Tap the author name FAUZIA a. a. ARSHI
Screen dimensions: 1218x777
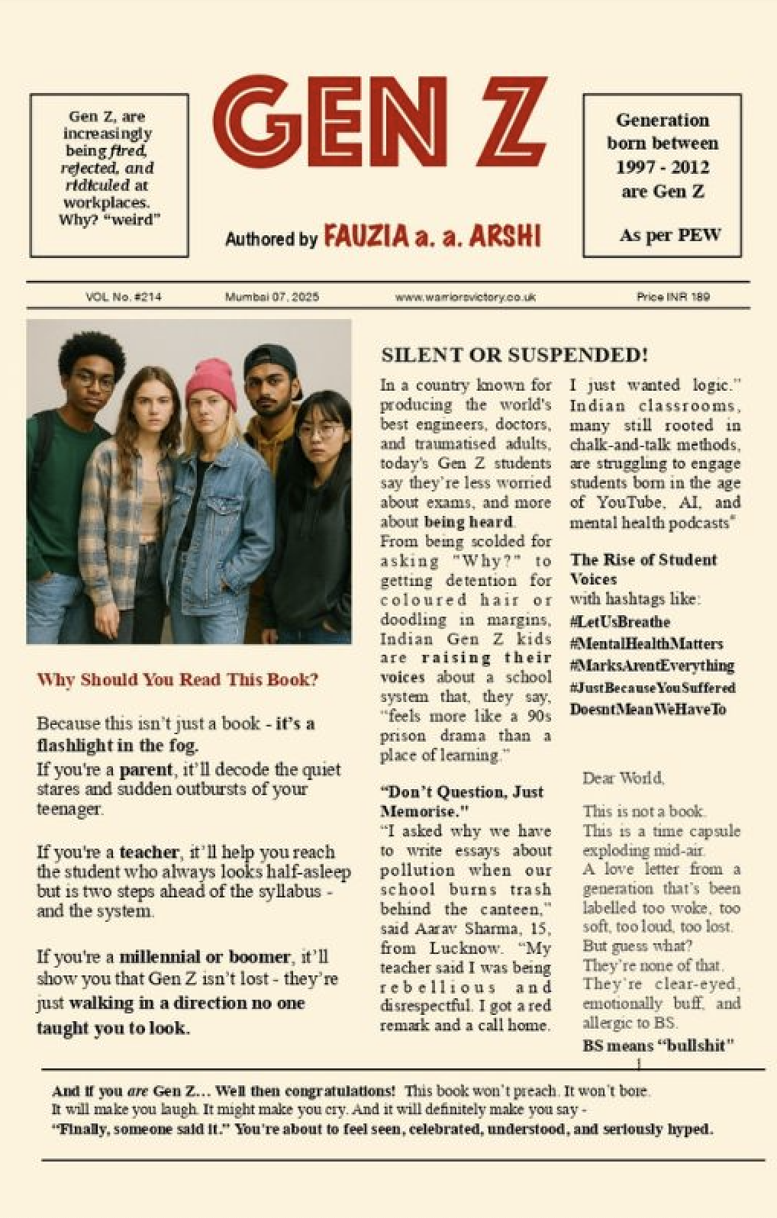[x=432, y=237]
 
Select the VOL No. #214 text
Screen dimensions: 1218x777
[x=124, y=297]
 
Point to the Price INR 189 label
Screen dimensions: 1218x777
[x=672, y=297]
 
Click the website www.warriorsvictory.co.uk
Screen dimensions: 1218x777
[x=465, y=297]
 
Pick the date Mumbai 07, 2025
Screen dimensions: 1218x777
[x=272, y=297]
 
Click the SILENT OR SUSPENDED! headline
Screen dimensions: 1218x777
[x=514, y=355]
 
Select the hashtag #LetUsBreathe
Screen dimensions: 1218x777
[x=619, y=622]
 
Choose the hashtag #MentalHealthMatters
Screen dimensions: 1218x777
[x=646, y=644]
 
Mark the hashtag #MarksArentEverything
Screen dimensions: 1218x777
[x=652, y=665]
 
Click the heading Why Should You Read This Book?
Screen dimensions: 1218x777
[x=177, y=680]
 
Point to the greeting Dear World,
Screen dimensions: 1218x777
[x=623, y=778]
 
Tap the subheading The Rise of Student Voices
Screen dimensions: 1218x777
[x=643, y=569]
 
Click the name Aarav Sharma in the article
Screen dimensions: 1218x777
[x=472, y=929]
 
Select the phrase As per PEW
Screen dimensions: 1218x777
[x=669, y=235]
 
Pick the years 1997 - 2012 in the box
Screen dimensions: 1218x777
[x=662, y=167]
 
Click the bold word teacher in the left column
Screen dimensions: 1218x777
[x=149, y=852]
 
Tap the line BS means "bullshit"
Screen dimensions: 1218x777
[x=658, y=1046]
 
